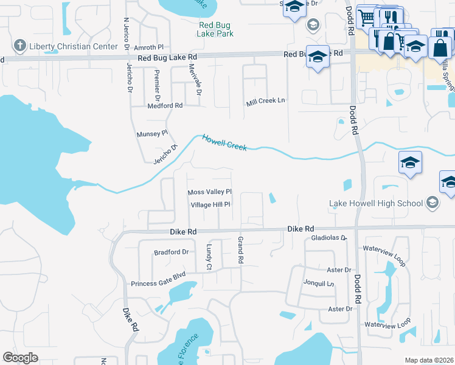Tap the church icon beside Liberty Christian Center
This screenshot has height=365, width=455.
[x=19, y=46]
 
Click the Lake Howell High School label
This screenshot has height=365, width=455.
[x=375, y=203]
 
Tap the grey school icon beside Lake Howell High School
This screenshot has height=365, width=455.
[x=432, y=203]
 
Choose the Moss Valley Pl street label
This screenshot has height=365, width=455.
[x=210, y=192]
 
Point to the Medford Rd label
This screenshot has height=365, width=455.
[x=165, y=105]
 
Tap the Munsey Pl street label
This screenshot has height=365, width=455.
[x=151, y=133]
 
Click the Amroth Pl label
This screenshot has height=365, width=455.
[x=150, y=47]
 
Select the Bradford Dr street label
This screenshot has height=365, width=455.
[x=172, y=251]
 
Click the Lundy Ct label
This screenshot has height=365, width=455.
[x=209, y=257]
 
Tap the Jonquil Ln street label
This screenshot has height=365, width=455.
[x=319, y=283]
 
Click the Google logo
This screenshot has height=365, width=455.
[x=20, y=358]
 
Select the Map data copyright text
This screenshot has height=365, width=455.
[x=429, y=360]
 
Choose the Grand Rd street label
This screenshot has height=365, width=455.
[x=241, y=250]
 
